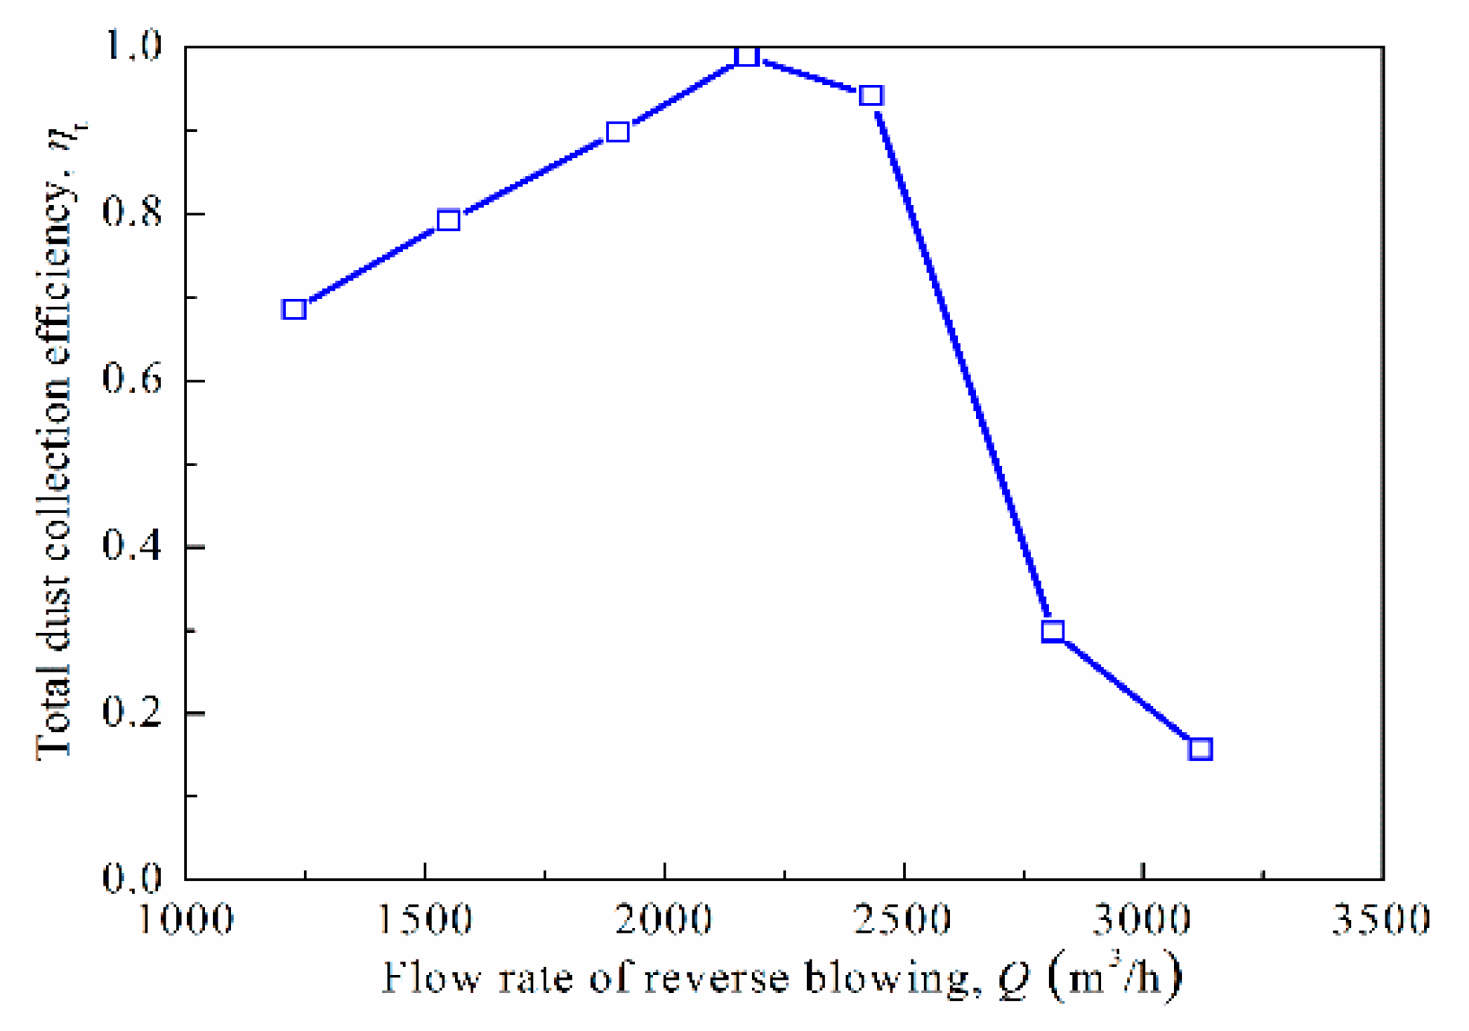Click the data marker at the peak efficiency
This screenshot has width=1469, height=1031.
pos(747,56)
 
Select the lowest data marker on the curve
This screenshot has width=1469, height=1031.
pos(1200,749)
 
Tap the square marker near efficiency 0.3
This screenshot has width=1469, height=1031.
pos(1053,631)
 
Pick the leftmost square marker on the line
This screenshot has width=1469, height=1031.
pos(294,309)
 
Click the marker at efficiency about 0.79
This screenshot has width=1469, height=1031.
pos(449,220)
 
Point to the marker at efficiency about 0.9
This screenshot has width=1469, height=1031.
pos(617,131)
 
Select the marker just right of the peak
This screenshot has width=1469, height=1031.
pos(871,95)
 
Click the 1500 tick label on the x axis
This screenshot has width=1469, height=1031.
pos(425,918)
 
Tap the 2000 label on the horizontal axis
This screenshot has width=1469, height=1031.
pos(664,918)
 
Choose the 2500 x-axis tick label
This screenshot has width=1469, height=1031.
pos(904,918)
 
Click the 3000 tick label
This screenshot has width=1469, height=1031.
pos(1143,918)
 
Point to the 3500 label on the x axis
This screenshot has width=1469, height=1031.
pos(1381,918)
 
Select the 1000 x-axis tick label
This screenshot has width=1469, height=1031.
pos(186,918)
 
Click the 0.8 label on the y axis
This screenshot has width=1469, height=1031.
pos(132,212)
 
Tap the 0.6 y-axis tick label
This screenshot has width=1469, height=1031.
pos(132,379)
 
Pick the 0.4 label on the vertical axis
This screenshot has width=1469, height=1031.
pos(132,545)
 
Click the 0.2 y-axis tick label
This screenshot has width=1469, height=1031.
pos(132,712)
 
